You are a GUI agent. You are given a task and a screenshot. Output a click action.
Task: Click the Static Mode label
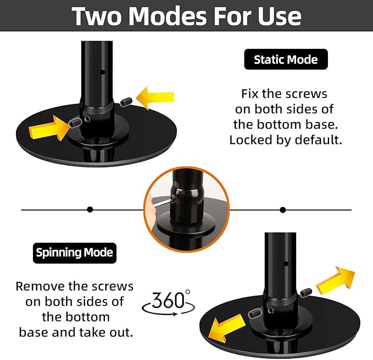(x=286, y=59)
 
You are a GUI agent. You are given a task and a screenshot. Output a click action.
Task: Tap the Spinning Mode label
(x=75, y=253)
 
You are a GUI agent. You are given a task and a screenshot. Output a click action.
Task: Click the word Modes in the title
(x=168, y=16)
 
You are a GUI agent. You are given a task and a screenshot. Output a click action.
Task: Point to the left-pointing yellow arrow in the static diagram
(x=155, y=98)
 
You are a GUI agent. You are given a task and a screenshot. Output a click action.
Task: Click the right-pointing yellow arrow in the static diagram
(x=49, y=129)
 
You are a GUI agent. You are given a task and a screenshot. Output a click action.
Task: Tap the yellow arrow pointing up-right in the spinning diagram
(x=335, y=280)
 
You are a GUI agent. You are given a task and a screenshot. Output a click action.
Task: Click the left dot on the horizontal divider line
(x=90, y=209)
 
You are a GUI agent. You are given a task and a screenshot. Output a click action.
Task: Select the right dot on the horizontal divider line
(x=283, y=210)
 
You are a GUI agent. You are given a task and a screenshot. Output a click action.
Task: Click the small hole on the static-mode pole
(x=102, y=72)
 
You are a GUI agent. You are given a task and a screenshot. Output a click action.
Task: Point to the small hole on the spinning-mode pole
(x=286, y=264)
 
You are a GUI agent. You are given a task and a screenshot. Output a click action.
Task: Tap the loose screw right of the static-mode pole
(x=126, y=102)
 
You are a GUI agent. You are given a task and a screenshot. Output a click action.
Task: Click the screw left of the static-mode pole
(x=75, y=123)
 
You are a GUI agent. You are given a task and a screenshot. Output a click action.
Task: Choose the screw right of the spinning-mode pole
(x=305, y=292)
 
